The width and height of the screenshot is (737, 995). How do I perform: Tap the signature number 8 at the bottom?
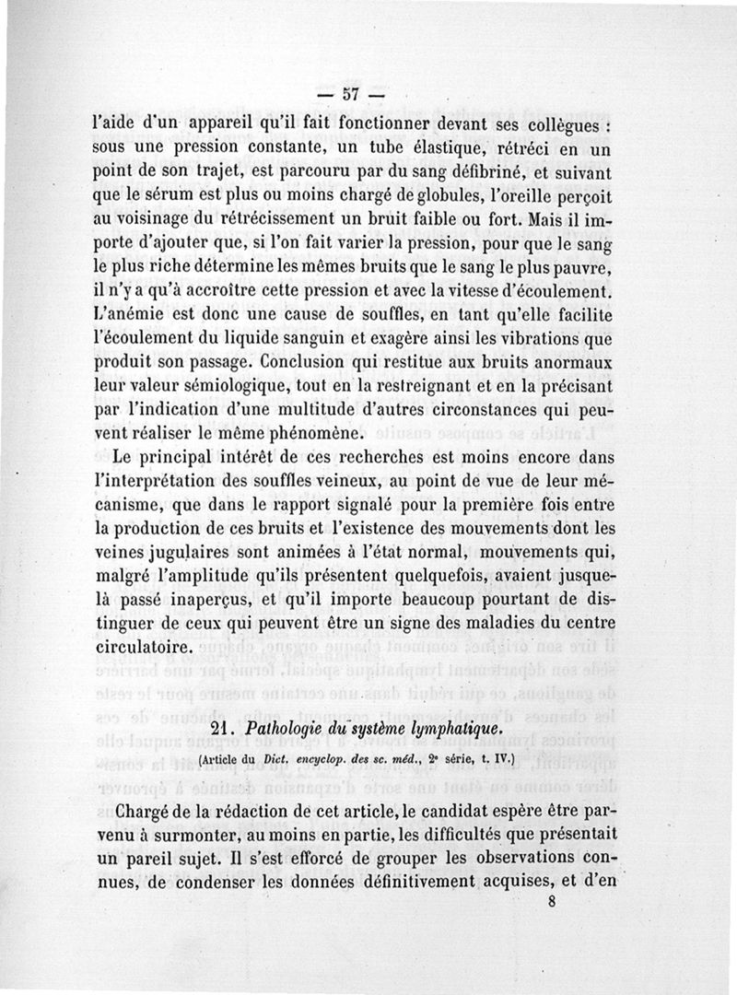click(x=551, y=903)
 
